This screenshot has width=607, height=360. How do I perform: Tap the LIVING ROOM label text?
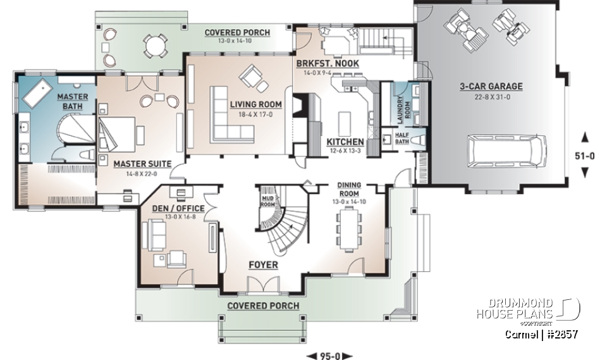click(x=256, y=104)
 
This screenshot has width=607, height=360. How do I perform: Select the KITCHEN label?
click(x=345, y=142)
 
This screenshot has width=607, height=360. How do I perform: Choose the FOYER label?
click(x=263, y=264)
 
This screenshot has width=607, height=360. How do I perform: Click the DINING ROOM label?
click(x=348, y=189)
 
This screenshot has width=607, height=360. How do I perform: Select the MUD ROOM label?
click(x=267, y=201)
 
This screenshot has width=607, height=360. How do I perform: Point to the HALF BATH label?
click(x=402, y=138)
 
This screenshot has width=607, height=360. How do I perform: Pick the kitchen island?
click(x=344, y=121)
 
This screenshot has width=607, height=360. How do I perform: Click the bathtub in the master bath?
click(x=39, y=94)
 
